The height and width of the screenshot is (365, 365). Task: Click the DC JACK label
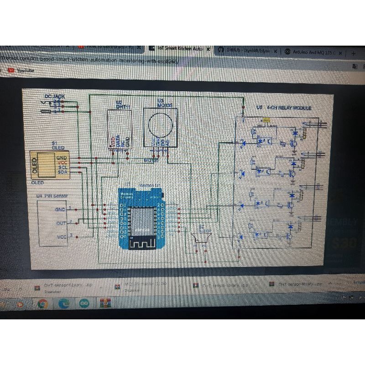click(x=55, y=96)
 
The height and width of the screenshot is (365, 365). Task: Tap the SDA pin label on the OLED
click(x=62, y=173)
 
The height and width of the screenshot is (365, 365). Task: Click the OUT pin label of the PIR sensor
click(x=61, y=223)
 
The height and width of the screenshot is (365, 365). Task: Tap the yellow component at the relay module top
click(x=266, y=120)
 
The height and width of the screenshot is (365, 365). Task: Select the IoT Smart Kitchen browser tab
click(x=180, y=48)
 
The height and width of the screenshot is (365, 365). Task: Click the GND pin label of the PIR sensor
click(x=60, y=209)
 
